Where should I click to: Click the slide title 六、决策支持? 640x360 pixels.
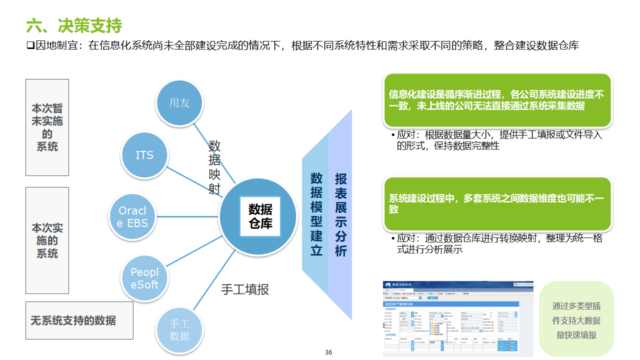(x=74, y=25)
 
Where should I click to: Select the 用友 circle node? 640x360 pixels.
(x=179, y=102)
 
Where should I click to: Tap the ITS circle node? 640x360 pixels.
(x=144, y=155)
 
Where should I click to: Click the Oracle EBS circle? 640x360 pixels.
(x=132, y=217)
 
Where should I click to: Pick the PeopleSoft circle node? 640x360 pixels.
(x=144, y=278)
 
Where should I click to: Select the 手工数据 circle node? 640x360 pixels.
(x=179, y=330)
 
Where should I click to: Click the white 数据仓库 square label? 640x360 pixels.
(x=260, y=216)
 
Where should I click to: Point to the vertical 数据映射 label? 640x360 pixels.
(x=214, y=167)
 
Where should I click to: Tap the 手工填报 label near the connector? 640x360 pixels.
(x=245, y=289)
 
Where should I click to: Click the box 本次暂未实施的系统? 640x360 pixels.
(x=47, y=127)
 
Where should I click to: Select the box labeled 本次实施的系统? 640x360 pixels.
(x=47, y=240)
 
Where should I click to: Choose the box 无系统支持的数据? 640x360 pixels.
(x=79, y=320)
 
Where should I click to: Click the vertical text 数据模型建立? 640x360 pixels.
(x=316, y=214)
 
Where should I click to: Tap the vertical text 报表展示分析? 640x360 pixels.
(x=340, y=214)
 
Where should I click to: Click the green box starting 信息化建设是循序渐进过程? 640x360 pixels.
(x=497, y=100)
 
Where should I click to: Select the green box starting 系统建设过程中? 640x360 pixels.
(x=497, y=203)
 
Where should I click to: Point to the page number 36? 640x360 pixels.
(x=328, y=352)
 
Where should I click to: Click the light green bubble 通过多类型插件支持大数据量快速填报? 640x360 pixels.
(x=576, y=320)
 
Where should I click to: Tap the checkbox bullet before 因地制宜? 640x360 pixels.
(x=30, y=46)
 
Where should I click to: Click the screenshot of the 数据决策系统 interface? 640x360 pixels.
(x=458, y=318)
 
